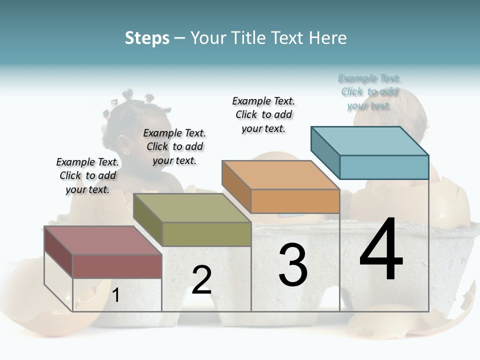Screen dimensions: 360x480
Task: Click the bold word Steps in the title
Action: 146,38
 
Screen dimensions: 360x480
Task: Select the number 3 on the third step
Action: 292,264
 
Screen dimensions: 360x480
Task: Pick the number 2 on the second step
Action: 201,280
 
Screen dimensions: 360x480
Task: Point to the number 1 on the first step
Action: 116,295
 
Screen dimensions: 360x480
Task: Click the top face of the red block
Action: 102,240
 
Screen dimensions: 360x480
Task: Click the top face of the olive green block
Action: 191,208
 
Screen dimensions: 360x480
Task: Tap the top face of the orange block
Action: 280,175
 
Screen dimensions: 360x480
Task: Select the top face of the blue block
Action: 369,141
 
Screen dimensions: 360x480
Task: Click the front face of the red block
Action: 117,266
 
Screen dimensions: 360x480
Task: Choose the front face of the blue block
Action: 384,167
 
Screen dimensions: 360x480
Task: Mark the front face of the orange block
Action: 295,201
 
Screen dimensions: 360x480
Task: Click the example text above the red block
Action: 87,176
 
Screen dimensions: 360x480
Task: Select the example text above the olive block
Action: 174,147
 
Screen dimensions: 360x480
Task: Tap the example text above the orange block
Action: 263,114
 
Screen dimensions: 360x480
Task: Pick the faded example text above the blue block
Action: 369,92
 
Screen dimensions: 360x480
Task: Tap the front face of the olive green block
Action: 206,234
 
